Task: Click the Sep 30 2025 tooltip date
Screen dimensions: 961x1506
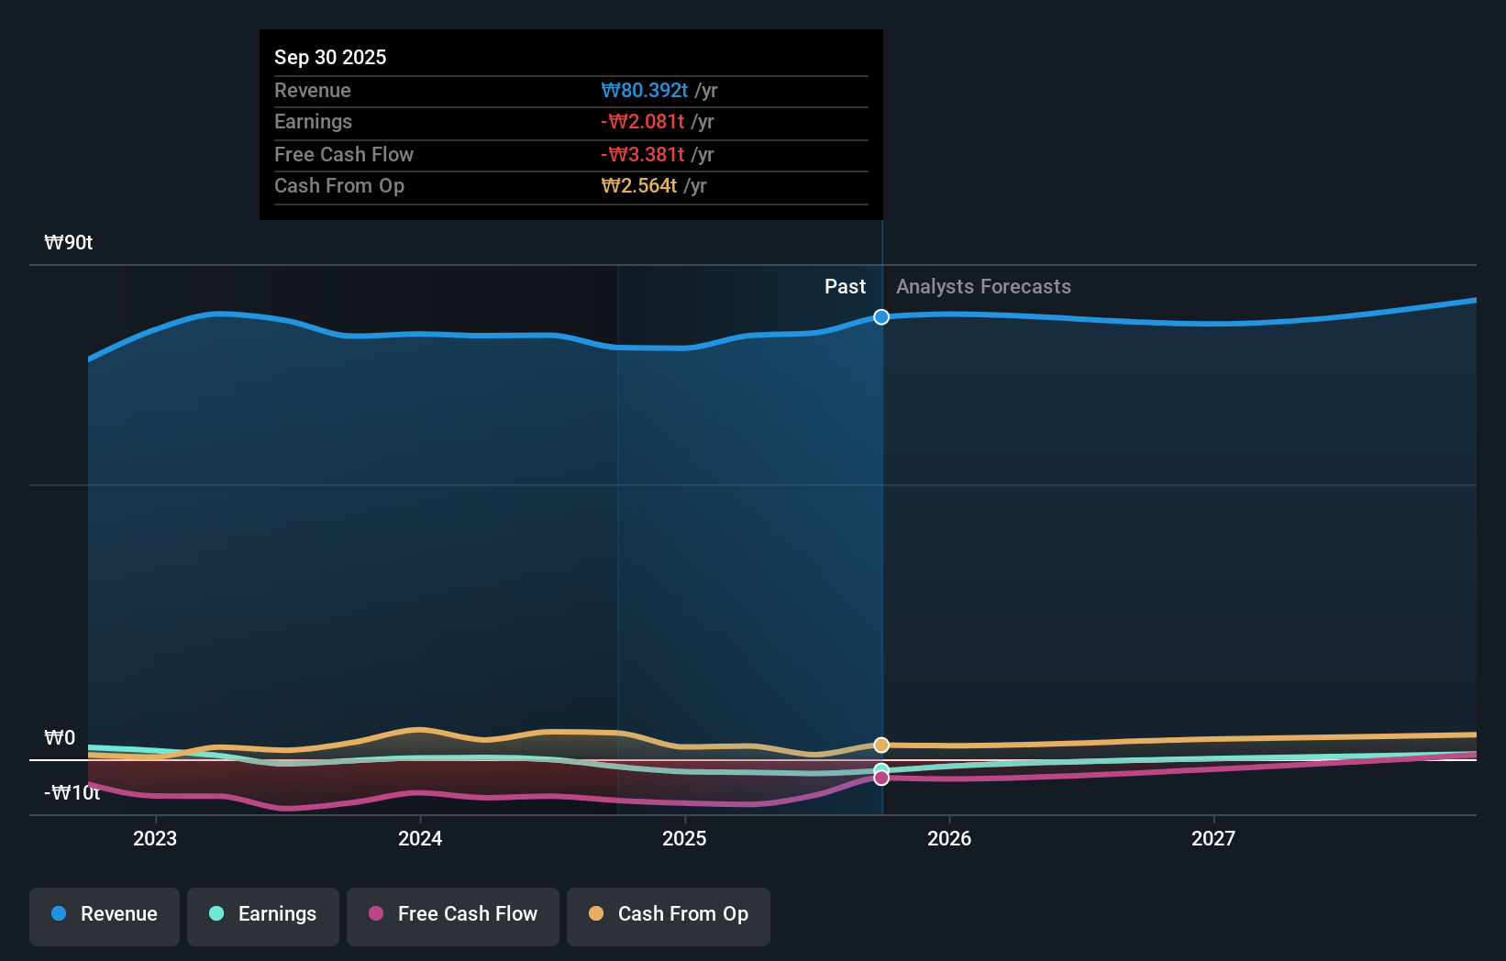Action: [330, 57]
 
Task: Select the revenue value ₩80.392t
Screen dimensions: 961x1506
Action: [644, 90]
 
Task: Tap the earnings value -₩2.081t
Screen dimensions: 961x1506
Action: [642, 122]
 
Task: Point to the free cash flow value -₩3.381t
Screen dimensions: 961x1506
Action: [642, 154]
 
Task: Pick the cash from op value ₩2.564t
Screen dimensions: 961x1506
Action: [639, 186]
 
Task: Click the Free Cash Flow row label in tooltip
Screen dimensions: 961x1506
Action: [344, 154]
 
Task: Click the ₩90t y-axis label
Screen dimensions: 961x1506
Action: [69, 243]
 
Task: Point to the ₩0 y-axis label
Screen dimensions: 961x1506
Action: [60, 738]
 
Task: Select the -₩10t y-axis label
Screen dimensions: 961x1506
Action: [72, 793]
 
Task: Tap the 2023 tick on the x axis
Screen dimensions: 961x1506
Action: [155, 838]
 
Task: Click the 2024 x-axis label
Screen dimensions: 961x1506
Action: [420, 838]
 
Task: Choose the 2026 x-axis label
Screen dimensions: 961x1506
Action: [949, 838]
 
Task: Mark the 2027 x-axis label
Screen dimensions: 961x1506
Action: [1213, 838]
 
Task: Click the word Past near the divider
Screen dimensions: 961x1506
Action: [845, 287]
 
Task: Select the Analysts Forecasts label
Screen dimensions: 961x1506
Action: [983, 287]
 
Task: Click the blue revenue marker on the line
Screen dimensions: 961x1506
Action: [881, 317]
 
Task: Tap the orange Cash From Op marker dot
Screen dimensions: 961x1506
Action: [881, 745]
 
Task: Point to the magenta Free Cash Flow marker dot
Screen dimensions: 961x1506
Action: [881, 778]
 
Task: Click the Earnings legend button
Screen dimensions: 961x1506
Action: [263, 915]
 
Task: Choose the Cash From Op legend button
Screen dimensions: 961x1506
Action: [669, 915]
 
